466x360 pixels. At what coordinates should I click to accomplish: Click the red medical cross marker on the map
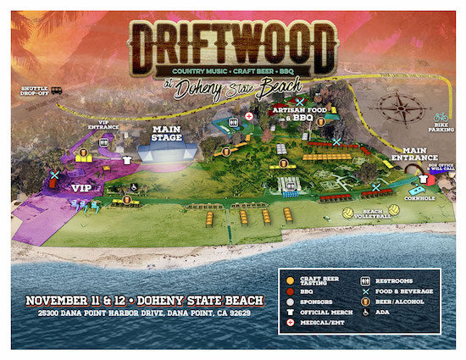tap(248, 115)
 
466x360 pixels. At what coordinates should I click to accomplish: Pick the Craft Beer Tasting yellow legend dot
tap(289, 280)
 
